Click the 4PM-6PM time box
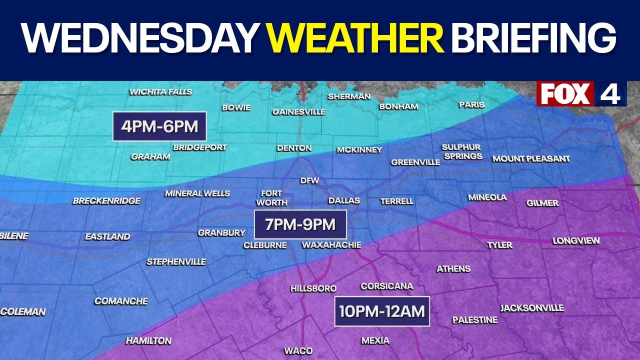tap(159, 126)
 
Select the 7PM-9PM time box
tap(300, 224)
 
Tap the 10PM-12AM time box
tap(382, 311)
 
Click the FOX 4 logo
tap(581, 93)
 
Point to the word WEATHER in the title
tap(355, 38)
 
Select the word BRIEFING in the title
tap(534, 38)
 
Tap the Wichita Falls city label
tap(160, 92)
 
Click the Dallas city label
tap(344, 201)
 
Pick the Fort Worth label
tap(271, 198)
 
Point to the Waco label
tap(298, 350)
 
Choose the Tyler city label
tap(500, 245)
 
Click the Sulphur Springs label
tap(461, 151)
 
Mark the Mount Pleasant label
tap(531, 159)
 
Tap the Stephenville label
tap(176, 262)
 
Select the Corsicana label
tap(387, 286)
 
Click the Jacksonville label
tap(532, 308)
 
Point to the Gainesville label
tap(298, 112)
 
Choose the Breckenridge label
tap(106, 201)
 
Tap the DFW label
tap(309, 180)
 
